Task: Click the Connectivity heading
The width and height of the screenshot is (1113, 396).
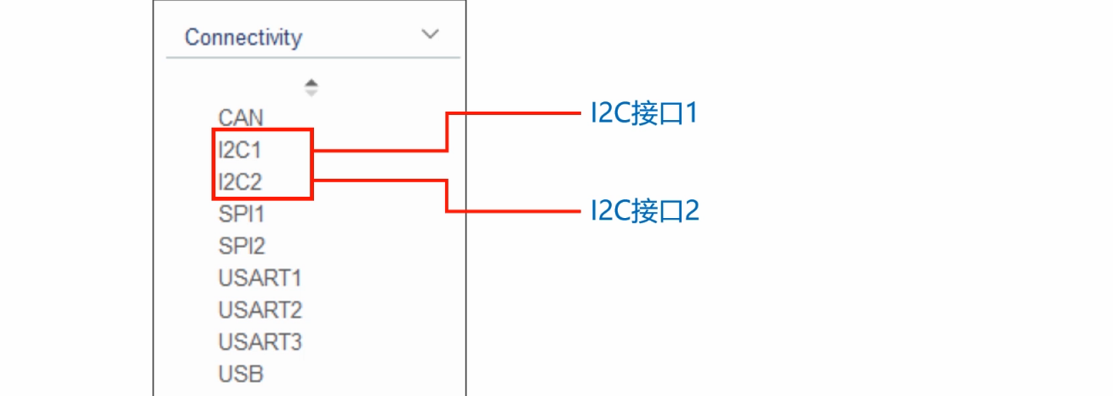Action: (x=243, y=37)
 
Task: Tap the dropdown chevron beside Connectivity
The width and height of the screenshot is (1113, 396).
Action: (x=431, y=35)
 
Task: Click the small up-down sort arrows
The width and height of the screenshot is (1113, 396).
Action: (x=311, y=87)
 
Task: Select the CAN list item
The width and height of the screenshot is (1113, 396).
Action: (x=241, y=118)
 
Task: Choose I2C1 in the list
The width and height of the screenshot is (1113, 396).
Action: (x=240, y=151)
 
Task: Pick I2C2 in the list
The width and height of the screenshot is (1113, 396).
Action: (x=241, y=181)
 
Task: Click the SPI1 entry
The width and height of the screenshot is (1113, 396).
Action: (x=242, y=214)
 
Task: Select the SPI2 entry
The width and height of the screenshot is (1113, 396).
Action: (x=242, y=246)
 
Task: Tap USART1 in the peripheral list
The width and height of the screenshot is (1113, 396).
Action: (x=260, y=278)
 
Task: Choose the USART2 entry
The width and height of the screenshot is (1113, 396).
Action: (x=260, y=310)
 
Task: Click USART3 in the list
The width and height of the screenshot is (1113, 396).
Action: (x=260, y=342)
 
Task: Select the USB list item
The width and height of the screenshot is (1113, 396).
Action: (x=241, y=374)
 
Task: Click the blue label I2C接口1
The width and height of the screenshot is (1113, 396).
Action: (x=644, y=114)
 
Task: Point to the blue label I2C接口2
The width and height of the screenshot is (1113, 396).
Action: (x=644, y=210)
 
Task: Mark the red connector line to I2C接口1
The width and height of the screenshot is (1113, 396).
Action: (x=511, y=114)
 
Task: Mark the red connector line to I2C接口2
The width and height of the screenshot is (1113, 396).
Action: (x=511, y=210)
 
